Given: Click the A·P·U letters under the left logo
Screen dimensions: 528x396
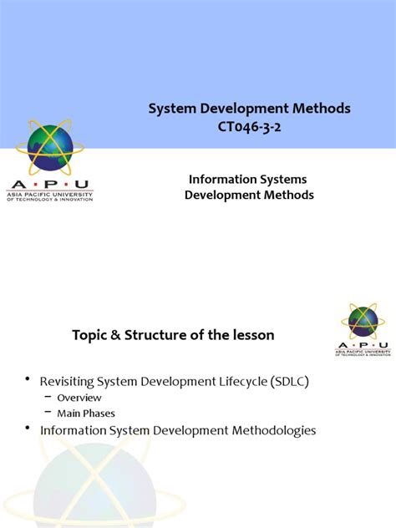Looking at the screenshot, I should [x=49, y=185].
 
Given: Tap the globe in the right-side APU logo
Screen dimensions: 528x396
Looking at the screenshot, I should [x=363, y=321].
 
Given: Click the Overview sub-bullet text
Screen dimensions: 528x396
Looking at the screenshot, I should [x=79, y=398].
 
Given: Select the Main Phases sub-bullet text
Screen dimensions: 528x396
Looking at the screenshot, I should [x=86, y=413].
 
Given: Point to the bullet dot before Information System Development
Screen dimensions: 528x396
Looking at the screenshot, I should [x=28, y=430].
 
